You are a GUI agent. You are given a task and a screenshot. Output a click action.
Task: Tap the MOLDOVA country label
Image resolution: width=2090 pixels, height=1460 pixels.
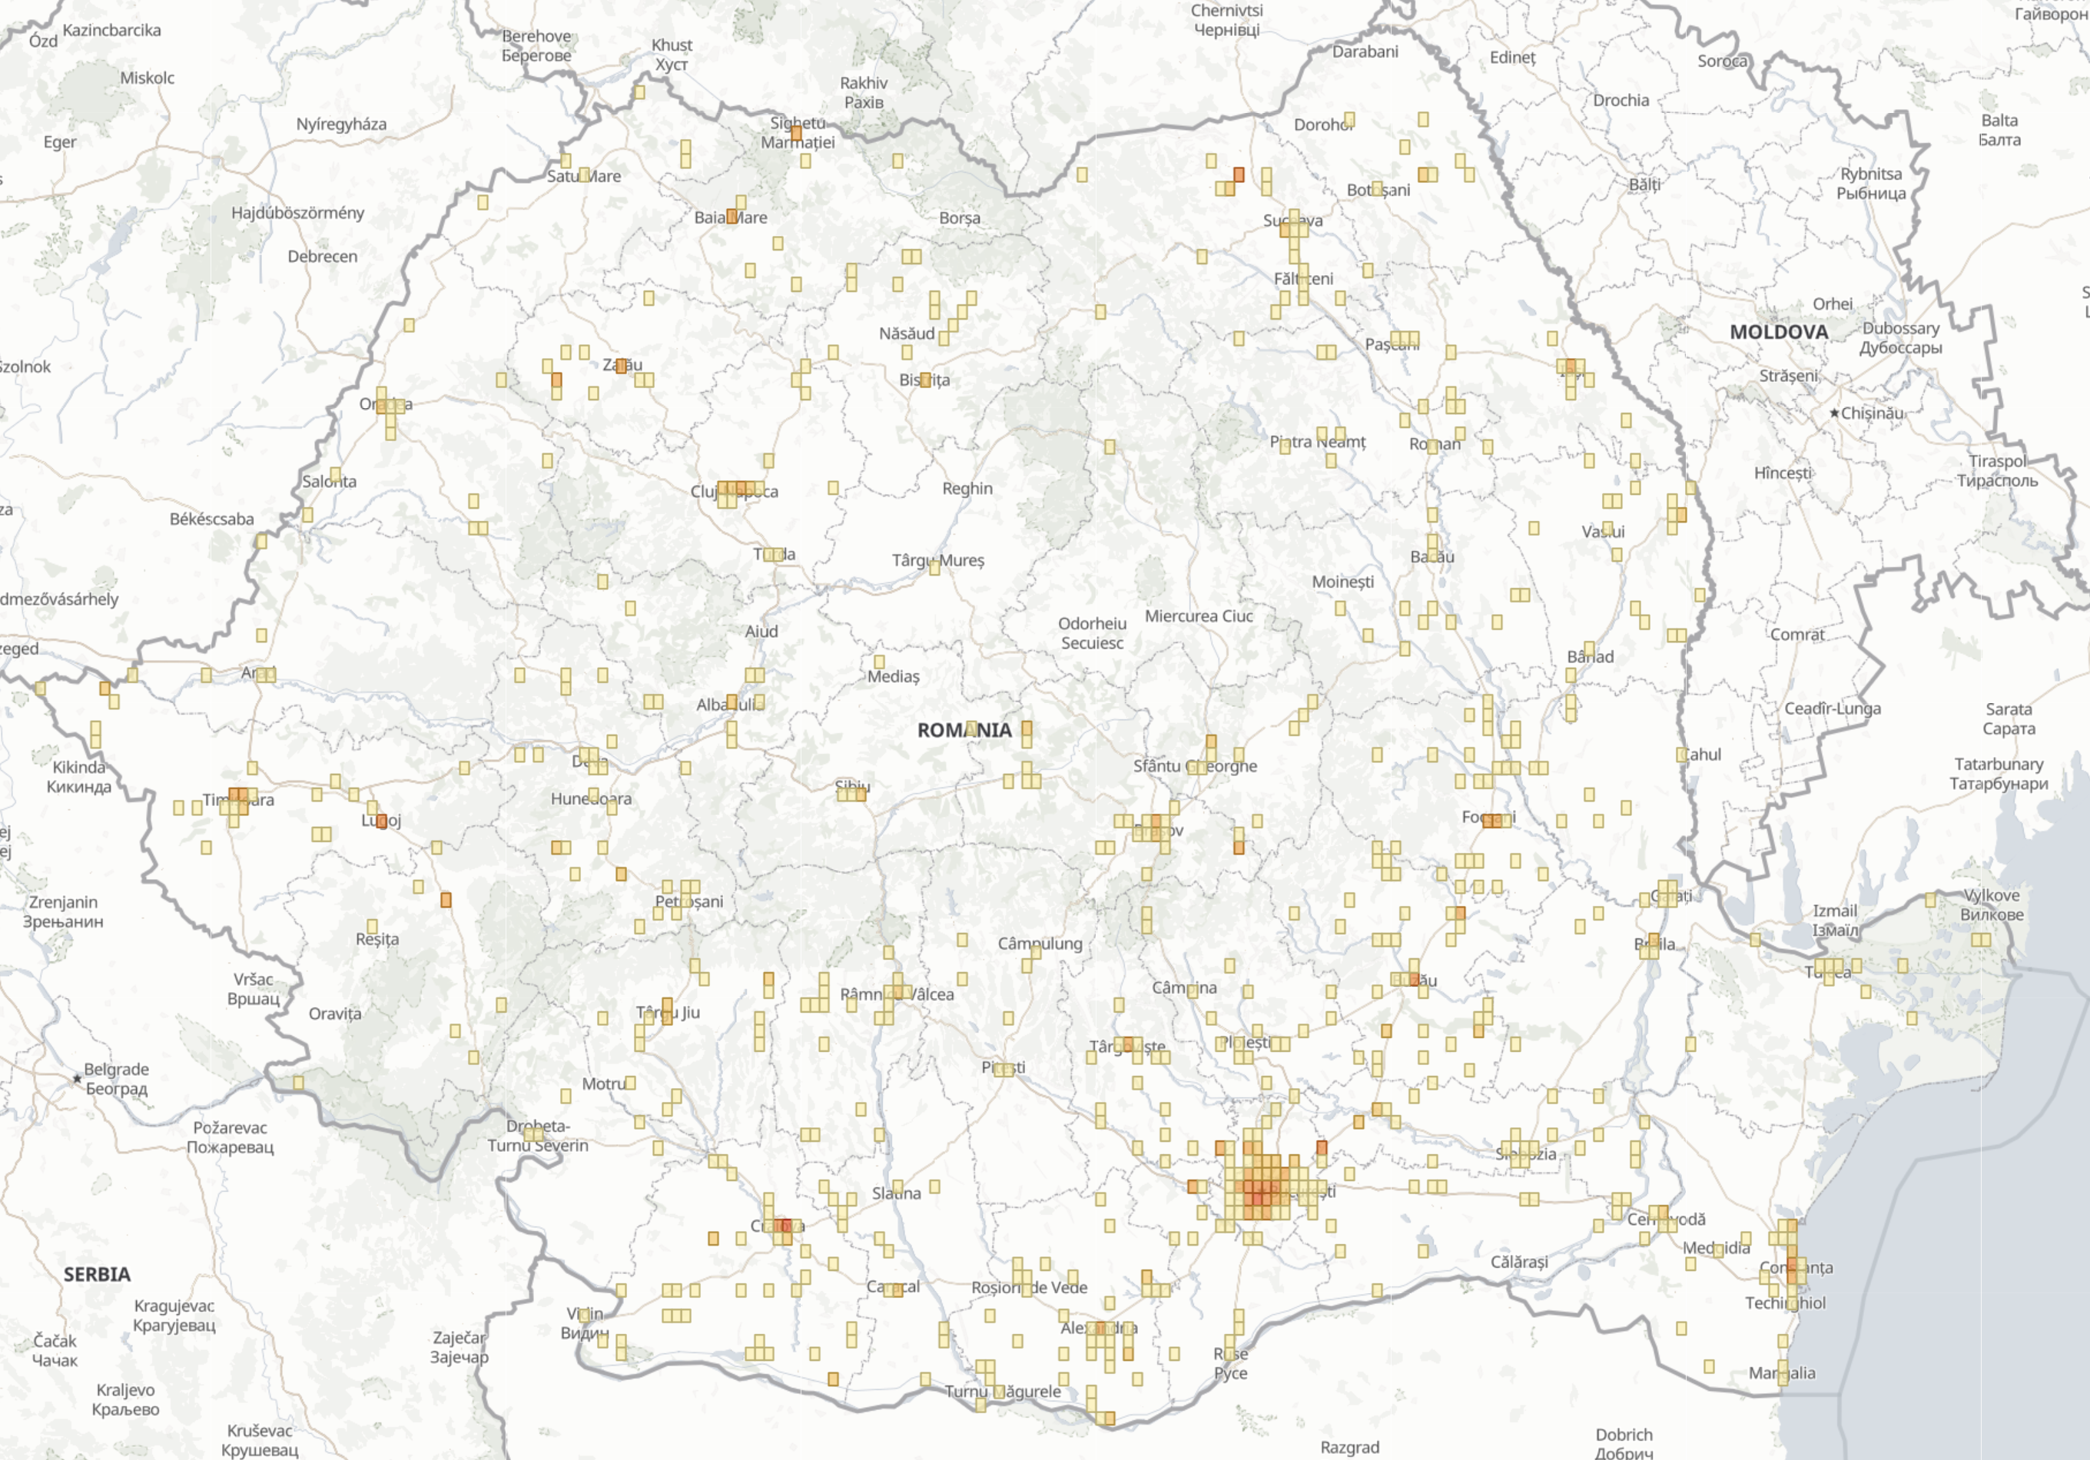pos(1778,332)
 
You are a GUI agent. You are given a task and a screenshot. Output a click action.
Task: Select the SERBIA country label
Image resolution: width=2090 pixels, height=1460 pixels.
pos(97,1274)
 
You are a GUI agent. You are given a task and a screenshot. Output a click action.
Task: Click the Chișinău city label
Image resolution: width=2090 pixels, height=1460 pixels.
pos(1872,413)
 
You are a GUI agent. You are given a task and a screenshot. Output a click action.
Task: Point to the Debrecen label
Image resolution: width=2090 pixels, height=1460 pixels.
pos(322,257)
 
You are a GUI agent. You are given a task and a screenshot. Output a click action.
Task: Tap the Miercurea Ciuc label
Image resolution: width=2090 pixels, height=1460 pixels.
pos(1199,616)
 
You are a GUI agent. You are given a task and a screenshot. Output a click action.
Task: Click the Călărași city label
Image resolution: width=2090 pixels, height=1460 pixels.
pos(1518,1263)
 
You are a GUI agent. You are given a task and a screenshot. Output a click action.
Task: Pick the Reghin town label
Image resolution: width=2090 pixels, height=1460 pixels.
pos(967,489)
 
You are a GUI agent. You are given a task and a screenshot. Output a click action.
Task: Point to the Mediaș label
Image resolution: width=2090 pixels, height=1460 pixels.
pos(893,676)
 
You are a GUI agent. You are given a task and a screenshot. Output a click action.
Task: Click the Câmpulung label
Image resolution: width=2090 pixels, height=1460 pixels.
pos(1040,944)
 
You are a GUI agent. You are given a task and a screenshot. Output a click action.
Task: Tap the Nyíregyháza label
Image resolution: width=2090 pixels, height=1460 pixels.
pos(341,124)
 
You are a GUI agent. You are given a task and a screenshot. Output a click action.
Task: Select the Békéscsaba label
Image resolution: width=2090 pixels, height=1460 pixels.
pos(211,519)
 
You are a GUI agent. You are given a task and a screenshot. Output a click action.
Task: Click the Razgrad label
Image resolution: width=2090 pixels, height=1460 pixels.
pos(1349,1447)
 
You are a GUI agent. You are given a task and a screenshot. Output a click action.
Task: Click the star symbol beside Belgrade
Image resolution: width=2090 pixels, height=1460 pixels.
pos(78,1079)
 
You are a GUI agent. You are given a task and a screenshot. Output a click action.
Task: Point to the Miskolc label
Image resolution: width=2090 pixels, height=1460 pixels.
pos(147,78)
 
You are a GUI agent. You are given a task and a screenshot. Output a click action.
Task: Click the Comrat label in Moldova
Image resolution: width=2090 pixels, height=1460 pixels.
pos(1797,635)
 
